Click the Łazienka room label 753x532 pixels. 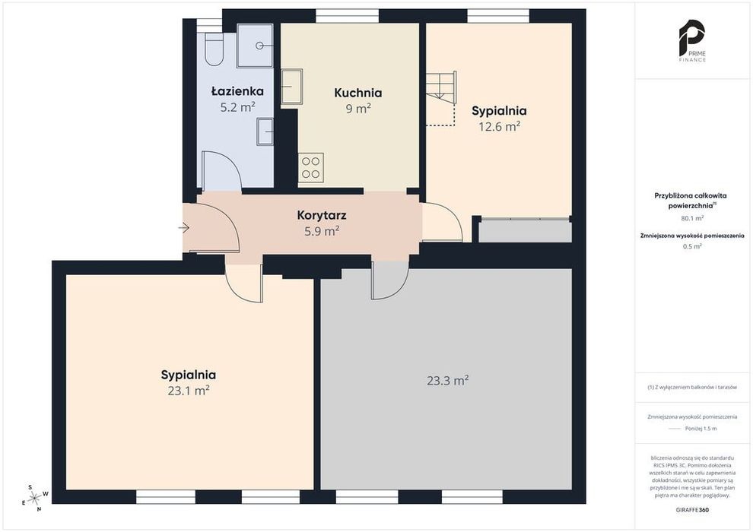pos(237,90)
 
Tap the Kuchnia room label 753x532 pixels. pos(357,93)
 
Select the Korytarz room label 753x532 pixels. pos(322,215)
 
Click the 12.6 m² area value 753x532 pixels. pos(500,126)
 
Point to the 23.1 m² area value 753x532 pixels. pos(189,391)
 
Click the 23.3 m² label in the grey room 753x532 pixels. pos(447,381)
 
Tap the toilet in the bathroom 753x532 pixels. pos(214,49)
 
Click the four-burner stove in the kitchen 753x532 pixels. pos(311,167)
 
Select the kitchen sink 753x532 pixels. pos(291,87)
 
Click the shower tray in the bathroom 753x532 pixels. pos(256,45)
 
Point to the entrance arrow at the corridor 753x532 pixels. pos(184,227)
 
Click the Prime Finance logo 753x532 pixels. pos(692,41)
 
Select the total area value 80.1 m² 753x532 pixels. pos(692,218)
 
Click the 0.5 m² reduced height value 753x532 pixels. pos(692,246)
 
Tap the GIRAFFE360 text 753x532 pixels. pos(691,510)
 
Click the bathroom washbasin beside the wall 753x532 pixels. pos(265,131)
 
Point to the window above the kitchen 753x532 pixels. pos(347,16)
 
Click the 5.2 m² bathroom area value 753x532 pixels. pos(237,107)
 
